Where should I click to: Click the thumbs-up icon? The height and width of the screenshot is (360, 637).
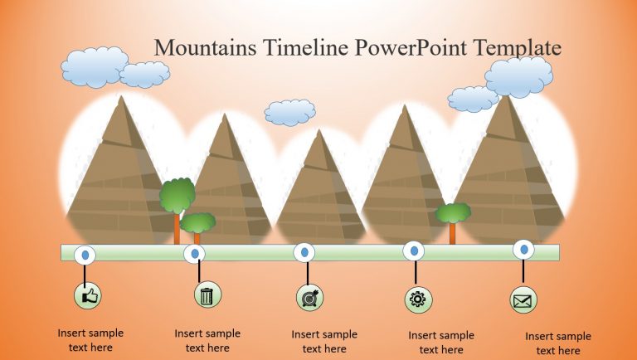click(88, 294)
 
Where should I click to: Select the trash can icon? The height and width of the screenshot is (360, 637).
click(207, 294)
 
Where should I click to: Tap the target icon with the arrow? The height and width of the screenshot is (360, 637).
click(309, 297)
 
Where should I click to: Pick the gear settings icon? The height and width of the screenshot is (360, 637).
click(417, 299)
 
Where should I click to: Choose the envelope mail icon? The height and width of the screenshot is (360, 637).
click(523, 299)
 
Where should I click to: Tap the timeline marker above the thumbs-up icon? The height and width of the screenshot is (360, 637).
click(85, 254)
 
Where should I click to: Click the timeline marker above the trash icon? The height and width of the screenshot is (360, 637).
click(196, 253)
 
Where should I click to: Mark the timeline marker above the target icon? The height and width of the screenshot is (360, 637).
click(305, 251)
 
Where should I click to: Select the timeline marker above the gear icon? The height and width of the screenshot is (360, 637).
click(414, 251)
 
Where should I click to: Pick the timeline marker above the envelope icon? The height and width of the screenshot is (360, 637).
click(523, 249)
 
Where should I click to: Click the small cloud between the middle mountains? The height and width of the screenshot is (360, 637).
click(290, 112)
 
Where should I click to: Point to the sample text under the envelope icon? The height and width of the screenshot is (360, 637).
click(558, 343)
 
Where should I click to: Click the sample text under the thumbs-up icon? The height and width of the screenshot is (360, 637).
click(90, 340)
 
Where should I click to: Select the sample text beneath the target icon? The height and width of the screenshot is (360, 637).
click(324, 342)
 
